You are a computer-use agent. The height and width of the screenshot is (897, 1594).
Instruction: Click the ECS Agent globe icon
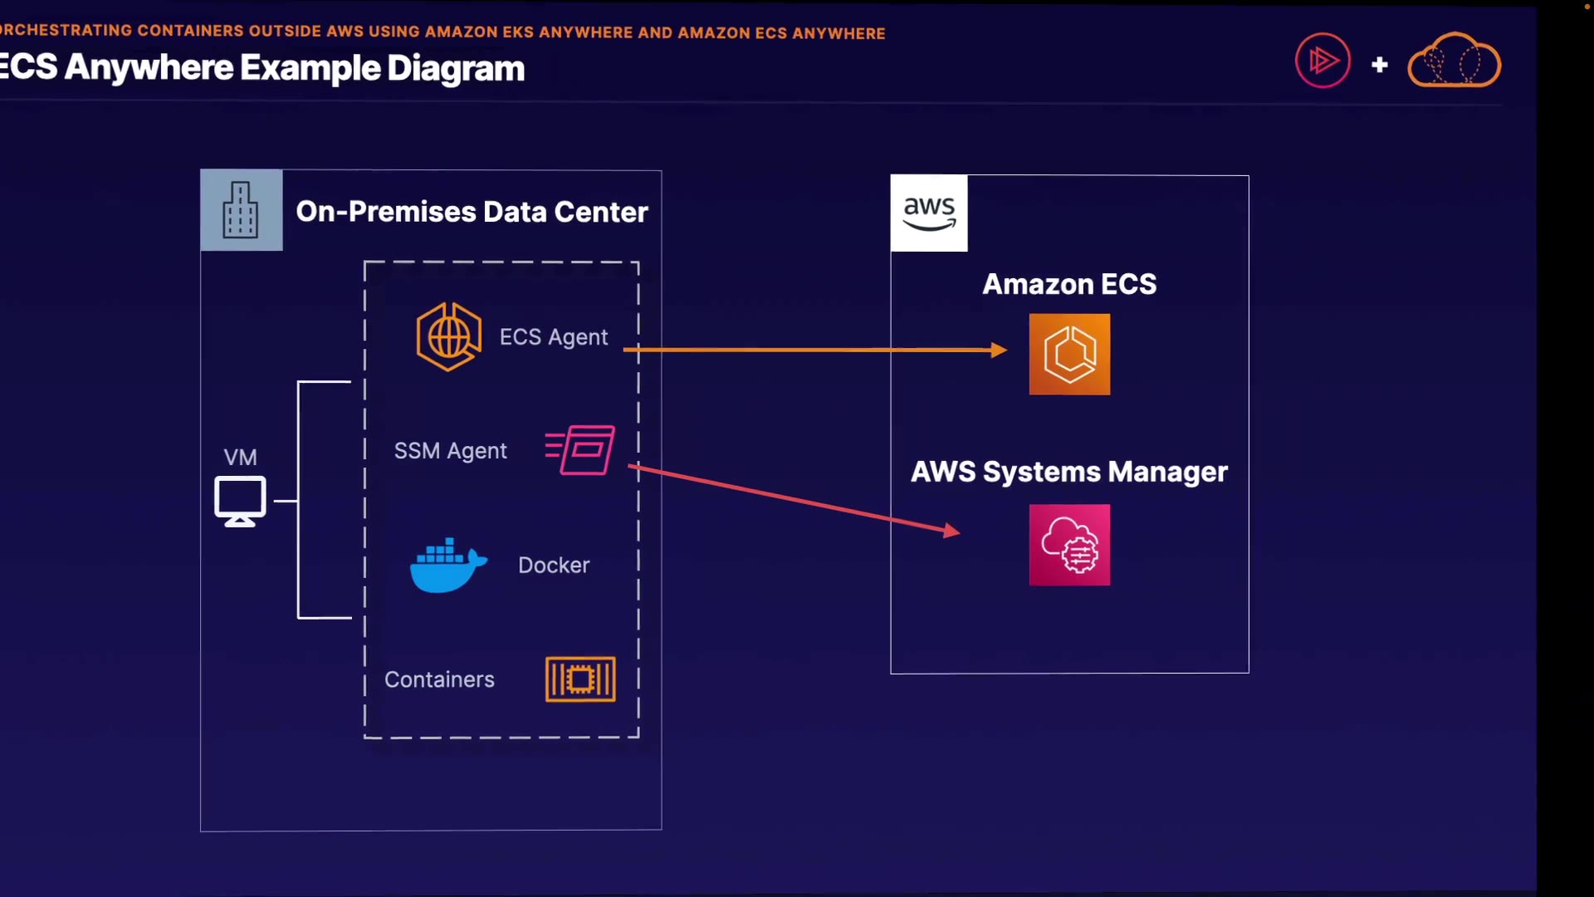tap(448, 336)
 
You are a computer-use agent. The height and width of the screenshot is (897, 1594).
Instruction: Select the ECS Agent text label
tap(553, 337)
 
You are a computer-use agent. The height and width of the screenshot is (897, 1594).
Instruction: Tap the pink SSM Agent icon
tap(581, 449)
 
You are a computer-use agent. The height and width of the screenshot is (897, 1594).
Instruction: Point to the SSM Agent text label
tap(450, 451)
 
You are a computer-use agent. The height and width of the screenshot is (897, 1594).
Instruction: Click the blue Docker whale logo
tap(447, 566)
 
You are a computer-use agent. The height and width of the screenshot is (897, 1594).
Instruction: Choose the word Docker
tap(554, 566)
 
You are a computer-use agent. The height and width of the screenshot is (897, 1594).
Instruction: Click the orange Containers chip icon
tap(580, 679)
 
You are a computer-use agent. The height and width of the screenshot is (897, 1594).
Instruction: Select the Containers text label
tap(439, 680)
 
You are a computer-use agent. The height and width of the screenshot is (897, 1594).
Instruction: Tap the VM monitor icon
tap(240, 501)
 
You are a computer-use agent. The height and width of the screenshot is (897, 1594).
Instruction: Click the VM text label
tap(240, 458)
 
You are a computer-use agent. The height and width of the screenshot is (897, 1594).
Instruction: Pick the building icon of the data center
tap(241, 211)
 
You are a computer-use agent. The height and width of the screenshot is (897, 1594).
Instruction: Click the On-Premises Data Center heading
tap(472, 212)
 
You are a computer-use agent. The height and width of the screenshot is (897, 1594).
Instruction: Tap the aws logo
tap(929, 213)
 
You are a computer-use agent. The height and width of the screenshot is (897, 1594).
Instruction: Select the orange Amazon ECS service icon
tap(1069, 354)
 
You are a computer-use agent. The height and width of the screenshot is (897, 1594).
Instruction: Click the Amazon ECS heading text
tap(1069, 284)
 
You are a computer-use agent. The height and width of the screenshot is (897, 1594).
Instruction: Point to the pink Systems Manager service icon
tap(1069, 545)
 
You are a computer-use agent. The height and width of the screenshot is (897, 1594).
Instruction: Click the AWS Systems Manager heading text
tap(1069, 472)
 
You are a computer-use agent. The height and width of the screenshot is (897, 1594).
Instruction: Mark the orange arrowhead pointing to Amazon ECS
tap(999, 350)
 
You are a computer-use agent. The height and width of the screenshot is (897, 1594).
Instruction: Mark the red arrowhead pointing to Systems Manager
tap(952, 531)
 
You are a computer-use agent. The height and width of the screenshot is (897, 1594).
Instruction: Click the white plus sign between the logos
tap(1380, 64)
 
